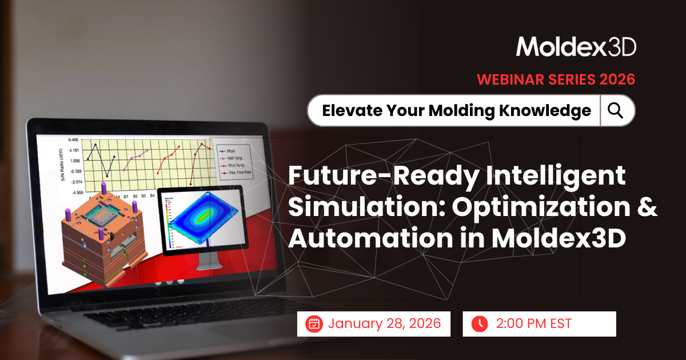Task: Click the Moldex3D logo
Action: point(576,47)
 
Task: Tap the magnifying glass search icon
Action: point(616,110)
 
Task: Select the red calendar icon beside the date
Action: point(314,324)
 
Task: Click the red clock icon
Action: point(479,324)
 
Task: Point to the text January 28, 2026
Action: point(384,324)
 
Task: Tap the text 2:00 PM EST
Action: point(534,324)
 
